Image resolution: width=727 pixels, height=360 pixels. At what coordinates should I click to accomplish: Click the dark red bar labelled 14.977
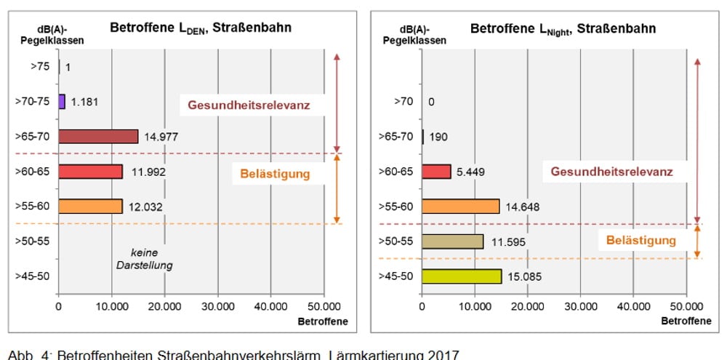[x=98, y=136]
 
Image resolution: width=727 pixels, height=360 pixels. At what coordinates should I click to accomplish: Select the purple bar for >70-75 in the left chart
[x=62, y=101]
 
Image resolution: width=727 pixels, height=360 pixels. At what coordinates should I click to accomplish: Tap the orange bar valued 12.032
[x=90, y=206]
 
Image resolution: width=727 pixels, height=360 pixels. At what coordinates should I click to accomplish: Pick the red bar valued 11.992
[x=90, y=171]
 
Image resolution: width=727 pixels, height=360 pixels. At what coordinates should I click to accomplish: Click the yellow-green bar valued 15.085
[x=461, y=276]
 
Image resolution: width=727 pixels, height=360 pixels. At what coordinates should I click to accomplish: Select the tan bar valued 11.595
[x=452, y=241]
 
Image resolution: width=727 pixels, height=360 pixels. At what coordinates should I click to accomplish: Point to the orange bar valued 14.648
[x=460, y=206]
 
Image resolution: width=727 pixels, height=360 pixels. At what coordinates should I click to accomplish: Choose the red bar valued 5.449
[x=436, y=171]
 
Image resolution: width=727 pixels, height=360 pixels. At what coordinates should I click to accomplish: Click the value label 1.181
[x=84, y=102]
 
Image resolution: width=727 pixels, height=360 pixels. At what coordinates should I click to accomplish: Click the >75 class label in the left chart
[x=40, y=67]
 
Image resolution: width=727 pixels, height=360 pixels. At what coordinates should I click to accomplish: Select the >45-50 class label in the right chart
[x=397, y=276]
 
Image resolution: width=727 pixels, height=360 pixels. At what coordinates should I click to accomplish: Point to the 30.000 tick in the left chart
[x=217, y=306]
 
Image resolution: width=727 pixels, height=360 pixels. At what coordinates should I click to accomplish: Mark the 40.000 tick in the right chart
[x=632, y=306]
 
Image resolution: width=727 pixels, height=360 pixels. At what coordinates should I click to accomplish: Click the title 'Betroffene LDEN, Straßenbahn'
[x=201, y=28]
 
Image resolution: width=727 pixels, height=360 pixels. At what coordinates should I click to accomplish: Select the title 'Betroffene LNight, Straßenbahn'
[x=563, y=28]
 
